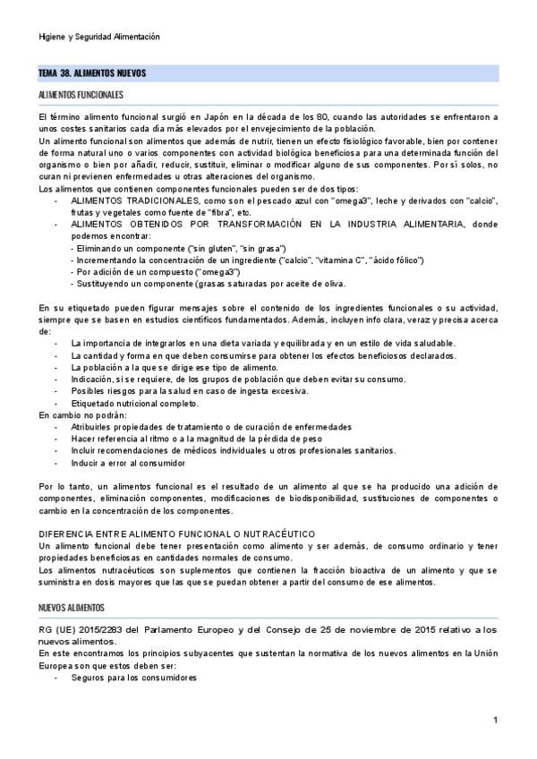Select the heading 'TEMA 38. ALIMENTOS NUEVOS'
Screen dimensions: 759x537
tap(92, 72)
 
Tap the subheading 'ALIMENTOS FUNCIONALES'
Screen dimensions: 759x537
tap(81, 95)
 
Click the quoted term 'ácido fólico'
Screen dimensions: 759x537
tap(425, 259)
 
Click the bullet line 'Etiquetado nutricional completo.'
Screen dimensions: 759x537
tap(133, 404)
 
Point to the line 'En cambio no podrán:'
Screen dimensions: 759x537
tap(83, 415)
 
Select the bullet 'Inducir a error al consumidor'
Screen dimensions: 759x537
tap(128, 464)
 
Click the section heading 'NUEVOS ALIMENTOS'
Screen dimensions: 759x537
tap(72, 608)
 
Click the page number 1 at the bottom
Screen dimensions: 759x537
tap(495, 721)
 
